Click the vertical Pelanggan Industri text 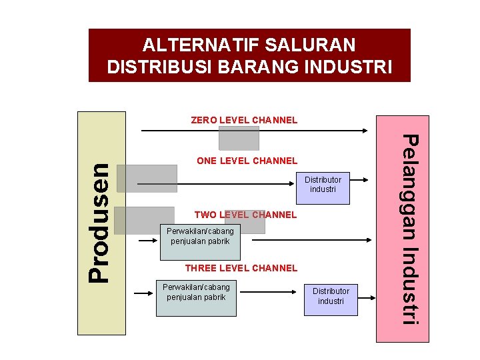coord(412,229)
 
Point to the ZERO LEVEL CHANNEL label coord(244,121)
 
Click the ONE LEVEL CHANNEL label coord(247,161)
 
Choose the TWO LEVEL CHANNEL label coord(245,215)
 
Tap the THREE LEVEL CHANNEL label coord(241,268)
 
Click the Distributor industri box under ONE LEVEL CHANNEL coord(323,185)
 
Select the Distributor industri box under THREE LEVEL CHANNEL coord(331,297)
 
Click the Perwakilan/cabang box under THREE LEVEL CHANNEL coord(196,292)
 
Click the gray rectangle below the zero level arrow coord(239,139)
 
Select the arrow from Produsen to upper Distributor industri coord(213,183)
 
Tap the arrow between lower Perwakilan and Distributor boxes coord(267,291)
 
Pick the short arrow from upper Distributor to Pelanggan coord(359,179)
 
